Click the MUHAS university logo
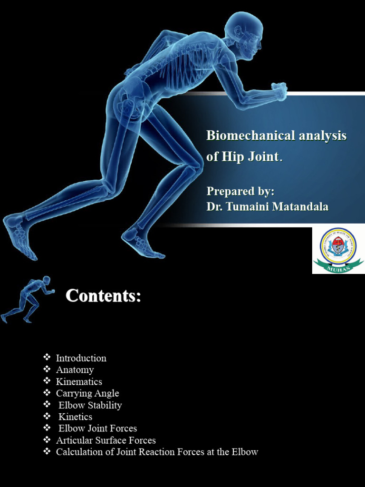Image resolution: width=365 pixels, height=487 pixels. [x=338, y=250]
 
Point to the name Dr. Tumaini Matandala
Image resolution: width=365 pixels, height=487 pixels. [x=267, y=207]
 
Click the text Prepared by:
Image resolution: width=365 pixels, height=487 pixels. [x=240, y=191]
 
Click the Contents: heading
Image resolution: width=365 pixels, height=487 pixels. [x=103, y=296]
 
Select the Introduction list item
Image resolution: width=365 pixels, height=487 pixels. [x=81, y=358]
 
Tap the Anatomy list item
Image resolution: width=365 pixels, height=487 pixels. [x=75, y=370]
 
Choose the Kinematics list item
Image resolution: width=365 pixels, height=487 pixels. [x=79, y=382]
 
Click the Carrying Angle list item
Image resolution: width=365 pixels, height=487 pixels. [x=87, y=394]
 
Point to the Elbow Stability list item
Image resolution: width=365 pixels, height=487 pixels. [x=90, y=406]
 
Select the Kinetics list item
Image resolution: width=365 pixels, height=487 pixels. [x=75, y=417]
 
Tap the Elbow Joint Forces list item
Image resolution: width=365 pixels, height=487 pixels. [x=97, y=429]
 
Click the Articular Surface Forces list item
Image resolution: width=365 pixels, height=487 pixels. [x=106, y=440]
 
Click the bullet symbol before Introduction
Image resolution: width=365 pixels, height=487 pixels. [x=47, y=358]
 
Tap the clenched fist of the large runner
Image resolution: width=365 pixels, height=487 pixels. [x=279, y=91]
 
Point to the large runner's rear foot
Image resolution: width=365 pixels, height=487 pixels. [x=19, y=235]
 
